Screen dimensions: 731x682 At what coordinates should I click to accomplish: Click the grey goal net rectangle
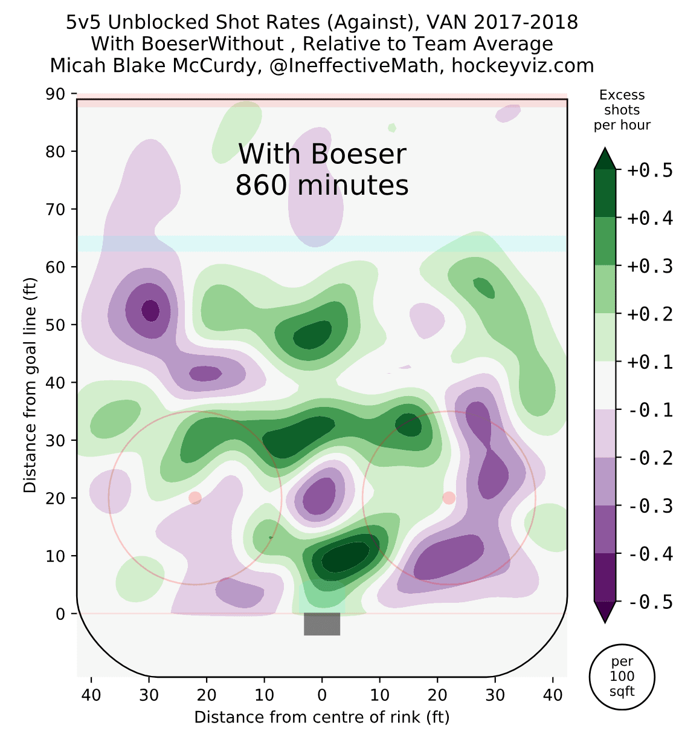tap(322, 624)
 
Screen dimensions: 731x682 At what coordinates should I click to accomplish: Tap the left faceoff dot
tap(195, 498)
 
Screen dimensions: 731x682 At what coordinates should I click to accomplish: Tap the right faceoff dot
tap(449, 498)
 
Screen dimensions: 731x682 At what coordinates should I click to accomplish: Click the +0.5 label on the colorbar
tap(650, 171)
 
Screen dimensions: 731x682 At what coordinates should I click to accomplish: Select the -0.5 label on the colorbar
tap(650, 602)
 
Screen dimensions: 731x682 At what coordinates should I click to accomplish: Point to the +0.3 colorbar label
tap(650, 266)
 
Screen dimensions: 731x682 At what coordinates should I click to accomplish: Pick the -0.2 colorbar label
tap(650, 458)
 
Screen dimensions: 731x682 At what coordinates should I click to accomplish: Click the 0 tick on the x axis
tap(322, 695)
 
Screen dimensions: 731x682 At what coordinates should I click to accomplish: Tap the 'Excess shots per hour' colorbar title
tap(622, 110)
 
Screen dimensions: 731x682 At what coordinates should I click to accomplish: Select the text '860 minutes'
tap(322, 185)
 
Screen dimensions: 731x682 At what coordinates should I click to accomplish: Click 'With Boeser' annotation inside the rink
tap(322, 154)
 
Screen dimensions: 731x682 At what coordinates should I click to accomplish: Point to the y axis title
tap(30, 385)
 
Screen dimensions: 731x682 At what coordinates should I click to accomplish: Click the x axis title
tap(322, 717)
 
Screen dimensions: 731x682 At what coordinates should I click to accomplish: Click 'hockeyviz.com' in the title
tap(523, 65)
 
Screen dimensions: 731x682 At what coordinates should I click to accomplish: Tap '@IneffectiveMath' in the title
tap(354, 65)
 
